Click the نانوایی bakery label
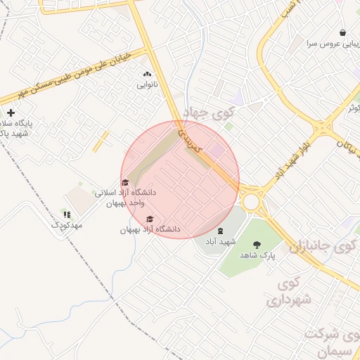pyautogui.click(x=147, y=84)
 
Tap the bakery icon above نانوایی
pyautogui.click(x=147, y=74)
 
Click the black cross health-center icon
pyautogui.click(x=11, y=112)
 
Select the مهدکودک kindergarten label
pyautogui.click(x=67, y=225)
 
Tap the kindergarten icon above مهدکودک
pyautogui.click(x=67, y=214)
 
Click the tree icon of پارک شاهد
pyautogui.click(x=256, y=245)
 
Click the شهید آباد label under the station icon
pyautogui.click(x=220, y=241)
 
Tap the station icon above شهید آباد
pyautogui.click(x=220, y=231)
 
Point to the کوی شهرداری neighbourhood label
pyautogui.click(x=292, y=292)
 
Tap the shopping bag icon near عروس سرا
pyautogui.click(x=342, y=32)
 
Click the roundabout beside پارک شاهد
pyautogui.click(x=251, y=201)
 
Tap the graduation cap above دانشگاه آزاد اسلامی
pyautogui.click(x=125, y=183)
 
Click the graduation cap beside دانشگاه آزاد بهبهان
pyautogui.click(x=149, y=219)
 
